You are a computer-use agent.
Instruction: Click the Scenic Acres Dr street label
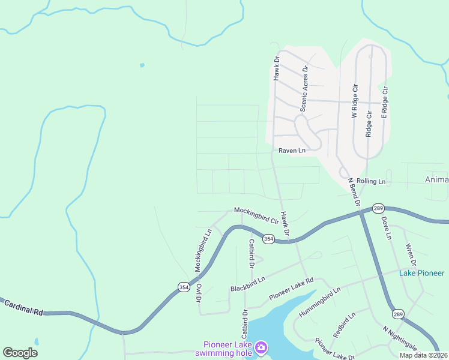pos(304,89)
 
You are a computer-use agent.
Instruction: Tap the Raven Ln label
pos(292,151)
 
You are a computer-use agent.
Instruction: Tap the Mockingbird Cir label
pos(256,215)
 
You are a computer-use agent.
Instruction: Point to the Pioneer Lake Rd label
pos(292,288)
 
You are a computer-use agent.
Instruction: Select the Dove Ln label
pos(386,228)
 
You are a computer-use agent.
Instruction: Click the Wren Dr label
pos(411,254)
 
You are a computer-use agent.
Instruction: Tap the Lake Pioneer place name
pos(422,273)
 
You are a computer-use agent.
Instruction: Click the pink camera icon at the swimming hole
pos(261,347)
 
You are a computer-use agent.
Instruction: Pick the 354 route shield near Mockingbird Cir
pos(268,239)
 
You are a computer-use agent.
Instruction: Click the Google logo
pos(20,353)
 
